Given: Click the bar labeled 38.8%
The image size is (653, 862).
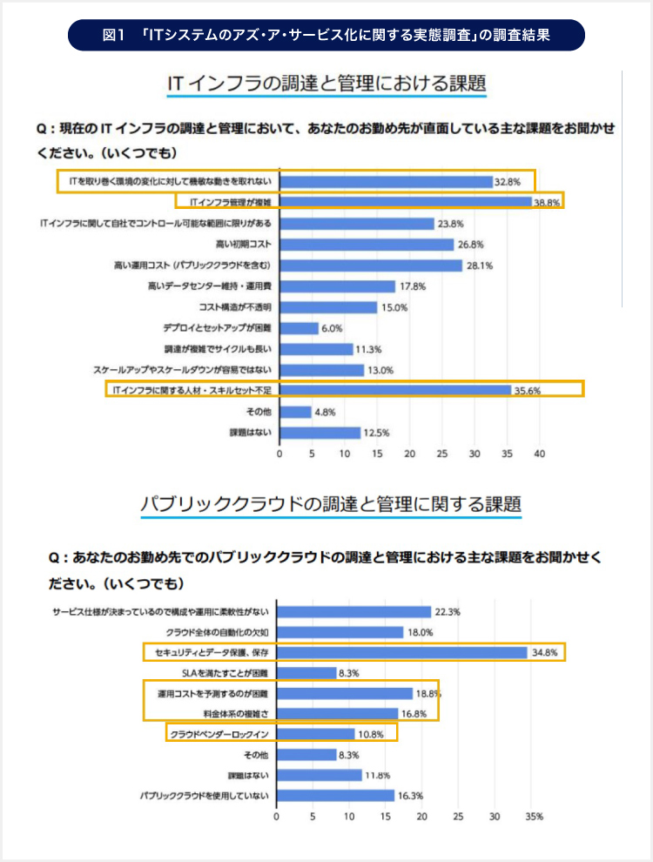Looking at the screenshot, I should tap(406, 202).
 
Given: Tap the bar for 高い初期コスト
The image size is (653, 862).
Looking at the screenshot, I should tap(367, 245).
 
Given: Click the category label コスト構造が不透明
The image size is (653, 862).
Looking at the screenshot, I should tap(235, 307).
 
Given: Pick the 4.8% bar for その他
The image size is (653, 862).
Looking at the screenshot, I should tap(295, 412).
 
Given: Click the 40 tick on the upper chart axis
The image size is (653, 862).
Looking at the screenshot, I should tap(540, 454).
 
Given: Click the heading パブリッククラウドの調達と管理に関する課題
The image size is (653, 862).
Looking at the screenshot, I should tap(331, 504).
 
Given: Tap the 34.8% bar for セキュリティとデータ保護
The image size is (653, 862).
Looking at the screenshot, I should tap(402, 651).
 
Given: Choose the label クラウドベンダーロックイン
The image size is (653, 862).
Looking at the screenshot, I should tap(219, 735).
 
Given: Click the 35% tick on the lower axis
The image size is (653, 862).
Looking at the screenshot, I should tap(534, 817).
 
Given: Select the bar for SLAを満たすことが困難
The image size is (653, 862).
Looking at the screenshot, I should tap(306, 672).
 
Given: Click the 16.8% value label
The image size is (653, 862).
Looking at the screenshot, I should tap(415, 714).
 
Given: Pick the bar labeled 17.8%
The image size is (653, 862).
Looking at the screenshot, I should tap(338, 286).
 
